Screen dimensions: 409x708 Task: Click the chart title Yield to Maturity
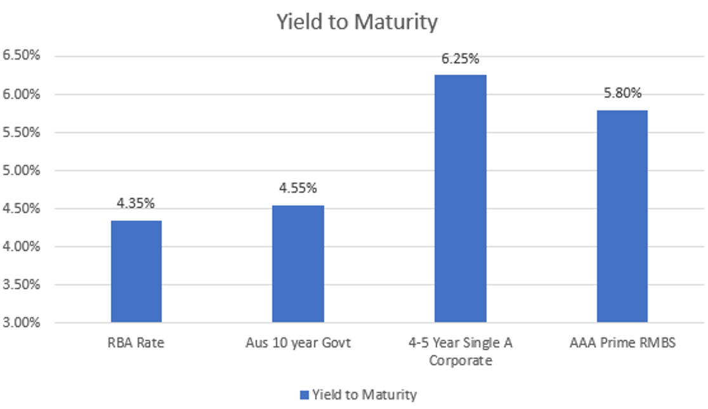point(357,22)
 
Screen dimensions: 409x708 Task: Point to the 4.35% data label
point(136,204)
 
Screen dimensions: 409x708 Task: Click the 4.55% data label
point(298,188)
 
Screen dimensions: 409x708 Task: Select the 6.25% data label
point(460,59)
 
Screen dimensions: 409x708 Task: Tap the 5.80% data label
point(622,93)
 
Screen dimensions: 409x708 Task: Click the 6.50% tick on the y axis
point(22,56)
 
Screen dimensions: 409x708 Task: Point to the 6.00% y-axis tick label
point(22,94)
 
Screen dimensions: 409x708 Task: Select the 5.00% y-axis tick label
point(22,170)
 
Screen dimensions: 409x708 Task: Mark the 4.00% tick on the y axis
point(22,246)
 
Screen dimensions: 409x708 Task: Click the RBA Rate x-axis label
point(136,343)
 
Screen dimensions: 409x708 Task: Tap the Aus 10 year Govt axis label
point(298,343)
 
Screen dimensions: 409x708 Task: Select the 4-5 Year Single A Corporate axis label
point(460,351)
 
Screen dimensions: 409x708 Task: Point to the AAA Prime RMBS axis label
point(622,343)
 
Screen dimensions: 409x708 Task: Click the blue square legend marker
point(303,395)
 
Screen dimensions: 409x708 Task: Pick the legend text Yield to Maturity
point(364,394)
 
